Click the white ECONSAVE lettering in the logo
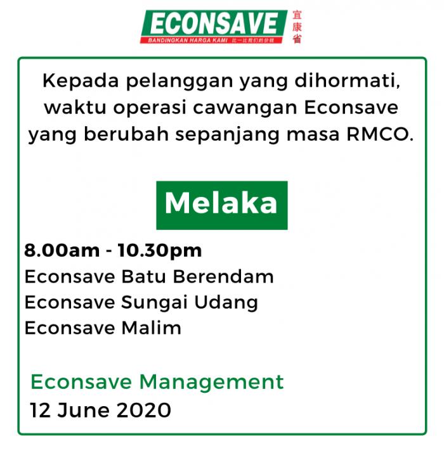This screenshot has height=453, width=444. click(214, 24)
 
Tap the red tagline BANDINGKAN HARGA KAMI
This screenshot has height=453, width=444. click(188, 40)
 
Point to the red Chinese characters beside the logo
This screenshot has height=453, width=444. click(297, 27)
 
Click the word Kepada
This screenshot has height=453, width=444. click(81, 81)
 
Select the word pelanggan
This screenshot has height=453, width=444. click(180, 82)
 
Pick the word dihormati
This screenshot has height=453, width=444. click(348, 80)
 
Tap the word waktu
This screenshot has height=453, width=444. click(75, 108)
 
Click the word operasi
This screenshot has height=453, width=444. click(150, 108)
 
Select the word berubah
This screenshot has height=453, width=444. click(126, 134)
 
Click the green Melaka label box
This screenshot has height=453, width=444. click(222, 205)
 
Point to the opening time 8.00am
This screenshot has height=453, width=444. click(62, 250)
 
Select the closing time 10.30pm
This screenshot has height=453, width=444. click(160, 250)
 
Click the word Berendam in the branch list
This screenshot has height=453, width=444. click(223, 276)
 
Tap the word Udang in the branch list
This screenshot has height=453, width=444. click(226, 303)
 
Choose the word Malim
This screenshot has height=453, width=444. click(152, 328)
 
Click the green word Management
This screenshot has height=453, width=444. click(211, 383)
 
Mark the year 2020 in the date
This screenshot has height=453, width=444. click(144, 411)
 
